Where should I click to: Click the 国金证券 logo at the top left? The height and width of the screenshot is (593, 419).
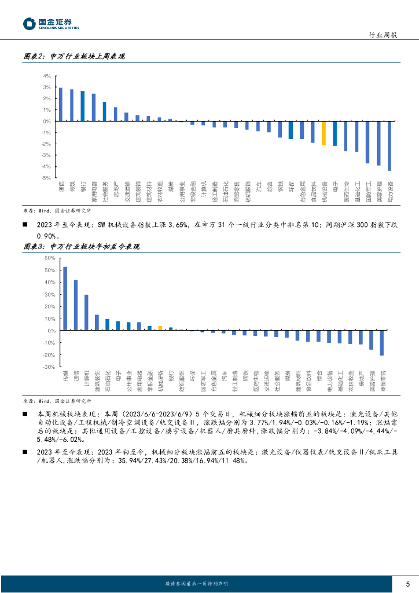click(x=51, y=23)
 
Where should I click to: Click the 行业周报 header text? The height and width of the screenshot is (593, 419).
click(x=383, y=35)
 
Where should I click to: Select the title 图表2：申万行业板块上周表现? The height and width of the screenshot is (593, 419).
click(x=75, y=57)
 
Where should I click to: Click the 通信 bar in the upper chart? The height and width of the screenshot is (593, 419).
click(x=61, y=105)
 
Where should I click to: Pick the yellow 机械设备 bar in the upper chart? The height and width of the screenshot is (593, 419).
click(x=324, y=133)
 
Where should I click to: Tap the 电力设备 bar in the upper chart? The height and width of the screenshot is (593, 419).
click(x=389, y=146)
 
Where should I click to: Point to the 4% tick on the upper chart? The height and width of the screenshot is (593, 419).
click(x=46, y=76)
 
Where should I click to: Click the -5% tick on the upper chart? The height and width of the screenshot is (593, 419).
click(x=46, y=178)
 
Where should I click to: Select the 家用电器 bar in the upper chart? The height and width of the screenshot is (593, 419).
click(x=94, y=108)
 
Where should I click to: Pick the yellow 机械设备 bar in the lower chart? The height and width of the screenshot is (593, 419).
click(x=160, y=328)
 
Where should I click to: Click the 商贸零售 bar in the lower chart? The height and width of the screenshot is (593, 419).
click(x=382, y=343)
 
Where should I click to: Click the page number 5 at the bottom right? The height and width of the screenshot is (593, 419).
click(x=407, y=584)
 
